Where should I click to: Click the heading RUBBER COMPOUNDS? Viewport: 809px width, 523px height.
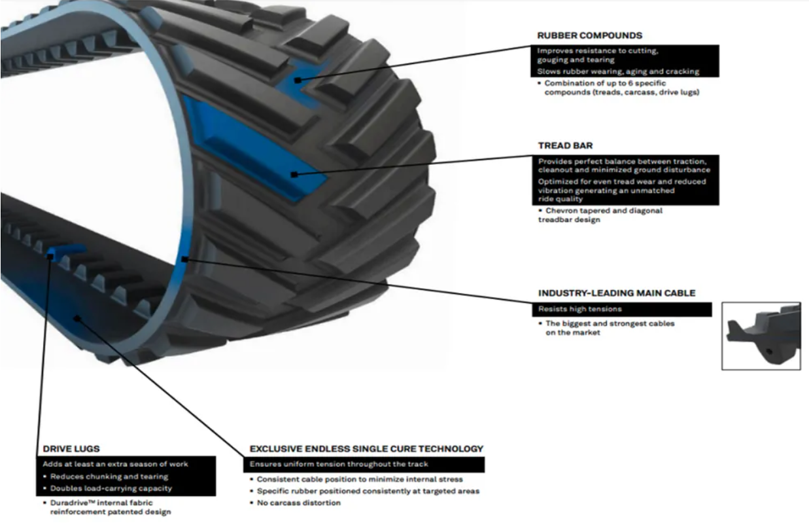click(589, 35)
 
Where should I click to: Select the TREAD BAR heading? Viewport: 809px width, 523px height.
click(565, 145)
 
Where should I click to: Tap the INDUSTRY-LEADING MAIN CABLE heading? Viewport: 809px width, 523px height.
click(617, 293)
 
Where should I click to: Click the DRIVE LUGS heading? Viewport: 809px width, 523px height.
click(71, 449)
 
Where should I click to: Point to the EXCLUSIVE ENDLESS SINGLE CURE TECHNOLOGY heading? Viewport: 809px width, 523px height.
click(366, 449)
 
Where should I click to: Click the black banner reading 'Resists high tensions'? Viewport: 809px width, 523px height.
click(580, 309)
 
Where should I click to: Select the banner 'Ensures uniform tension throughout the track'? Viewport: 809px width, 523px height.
click(339, 464)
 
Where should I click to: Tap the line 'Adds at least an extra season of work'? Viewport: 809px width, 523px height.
click(115, 464)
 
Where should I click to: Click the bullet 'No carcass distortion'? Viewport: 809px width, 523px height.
click(298, 503)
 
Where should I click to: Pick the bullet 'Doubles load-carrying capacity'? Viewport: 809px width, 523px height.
click(111, 488)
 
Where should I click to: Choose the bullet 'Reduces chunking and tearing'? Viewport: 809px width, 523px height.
click(109, 477)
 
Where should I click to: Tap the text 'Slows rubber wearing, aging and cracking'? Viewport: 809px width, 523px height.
click(618, 71)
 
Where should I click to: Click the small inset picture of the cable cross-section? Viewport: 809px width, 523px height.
click(761, 336)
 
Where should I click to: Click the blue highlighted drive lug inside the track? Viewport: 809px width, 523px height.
click(67, 251)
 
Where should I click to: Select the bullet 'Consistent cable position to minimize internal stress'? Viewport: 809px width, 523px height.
click(360, 479)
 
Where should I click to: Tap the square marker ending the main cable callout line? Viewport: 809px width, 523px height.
click(185, 259)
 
